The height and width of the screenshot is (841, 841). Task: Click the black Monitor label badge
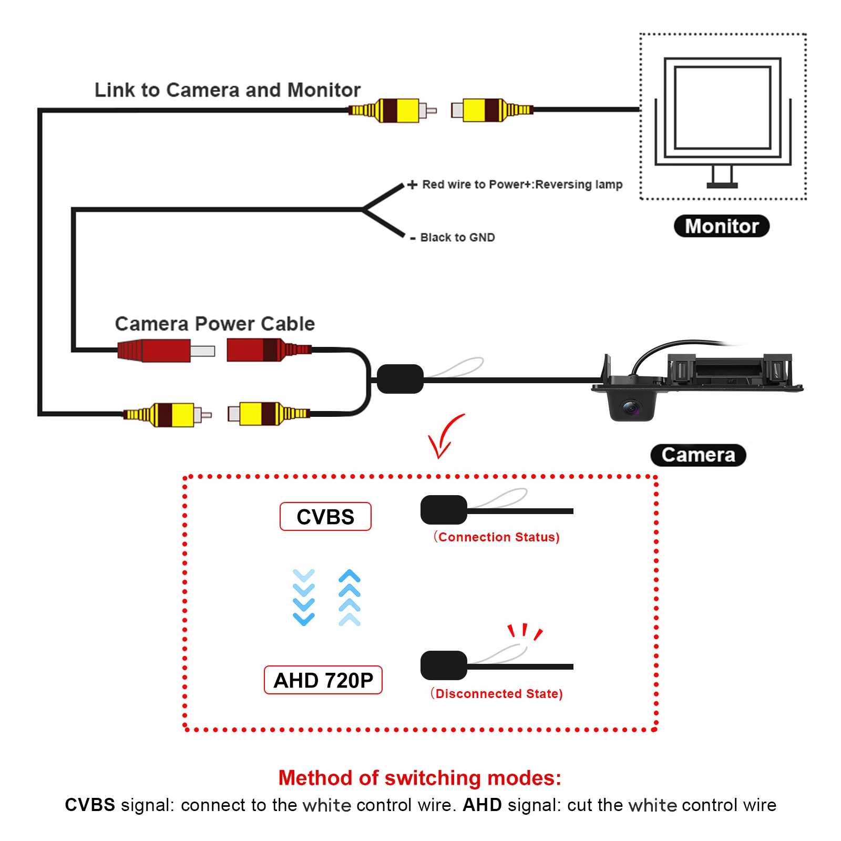tap(721, 226)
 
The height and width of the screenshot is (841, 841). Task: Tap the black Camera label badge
tap(698, 455)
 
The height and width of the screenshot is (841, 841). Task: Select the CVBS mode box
tap(325, 517)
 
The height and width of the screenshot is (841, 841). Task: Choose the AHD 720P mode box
tap(323, 680)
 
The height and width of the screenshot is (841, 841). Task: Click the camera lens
tap(631, 407)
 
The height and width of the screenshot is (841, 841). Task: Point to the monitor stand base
tap(722, 185)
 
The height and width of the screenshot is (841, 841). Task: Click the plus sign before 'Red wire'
tap(413, 184)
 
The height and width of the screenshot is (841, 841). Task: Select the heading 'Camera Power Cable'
tap(215, 324)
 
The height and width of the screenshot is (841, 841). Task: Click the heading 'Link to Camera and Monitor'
tap(228, 90)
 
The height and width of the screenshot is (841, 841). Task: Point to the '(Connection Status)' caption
tap(497, 537)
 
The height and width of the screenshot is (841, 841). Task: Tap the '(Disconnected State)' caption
tap(497, 693)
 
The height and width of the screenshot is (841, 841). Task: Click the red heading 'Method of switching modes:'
tap(420, 778)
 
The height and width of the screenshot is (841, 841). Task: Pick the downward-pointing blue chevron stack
tap(304, 597)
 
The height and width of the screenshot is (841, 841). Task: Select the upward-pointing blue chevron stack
tap(350, 597)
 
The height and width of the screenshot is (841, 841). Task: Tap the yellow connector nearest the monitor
tap(492, 110)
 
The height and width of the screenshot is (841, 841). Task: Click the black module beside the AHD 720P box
tap(444, 665)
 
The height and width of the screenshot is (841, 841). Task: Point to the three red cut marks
tap(525, 632)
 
